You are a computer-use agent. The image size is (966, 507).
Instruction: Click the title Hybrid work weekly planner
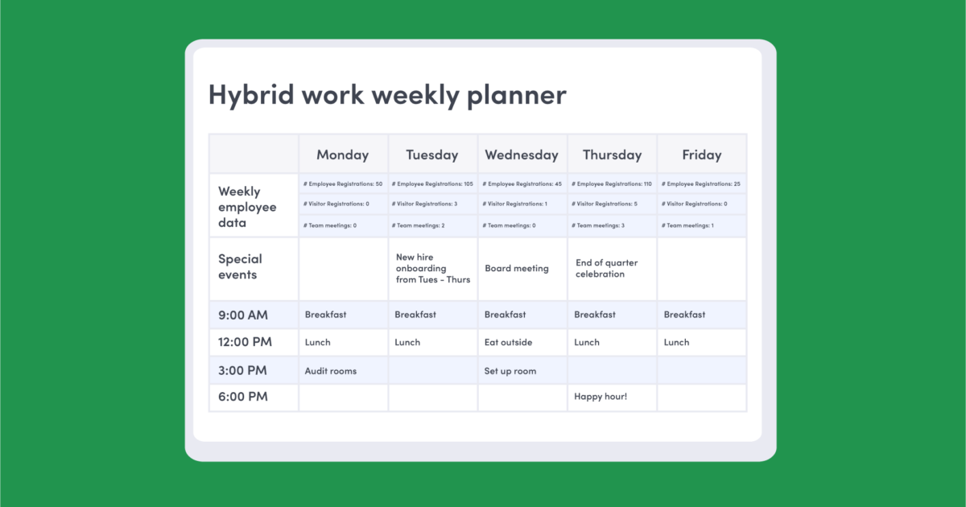387,95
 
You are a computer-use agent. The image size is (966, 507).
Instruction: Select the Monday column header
342,155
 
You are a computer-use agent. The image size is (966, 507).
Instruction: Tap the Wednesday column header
522,155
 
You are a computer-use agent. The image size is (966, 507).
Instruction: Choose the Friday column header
701,155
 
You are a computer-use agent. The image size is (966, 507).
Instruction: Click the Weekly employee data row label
247,207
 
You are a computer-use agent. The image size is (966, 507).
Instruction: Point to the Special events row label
240,266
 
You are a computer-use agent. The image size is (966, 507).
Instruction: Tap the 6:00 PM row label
242,397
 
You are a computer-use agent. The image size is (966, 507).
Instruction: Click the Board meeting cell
517,269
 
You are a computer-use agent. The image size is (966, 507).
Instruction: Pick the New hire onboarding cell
432,269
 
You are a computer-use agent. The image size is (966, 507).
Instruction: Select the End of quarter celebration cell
606,268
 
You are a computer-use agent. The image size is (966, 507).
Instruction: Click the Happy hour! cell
600,397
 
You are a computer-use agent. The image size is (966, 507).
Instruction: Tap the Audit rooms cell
330,371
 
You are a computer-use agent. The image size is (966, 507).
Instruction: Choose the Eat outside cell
508,342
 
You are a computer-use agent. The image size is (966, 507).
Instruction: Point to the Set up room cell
510,371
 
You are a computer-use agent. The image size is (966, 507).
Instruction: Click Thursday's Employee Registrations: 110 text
610,184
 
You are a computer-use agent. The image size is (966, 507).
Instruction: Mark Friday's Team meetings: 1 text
688,225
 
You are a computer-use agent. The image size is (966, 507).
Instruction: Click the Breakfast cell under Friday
684,315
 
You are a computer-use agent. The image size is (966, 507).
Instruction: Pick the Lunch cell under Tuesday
407,342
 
